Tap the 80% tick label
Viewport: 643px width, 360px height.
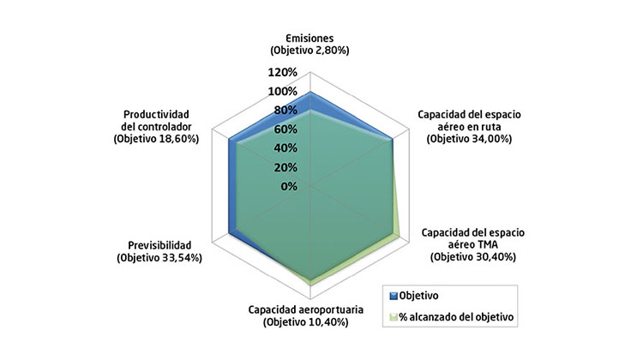[x=286, y=111]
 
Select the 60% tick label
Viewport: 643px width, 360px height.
[x=286, y=129]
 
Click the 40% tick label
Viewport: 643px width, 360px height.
[x=286, y=148]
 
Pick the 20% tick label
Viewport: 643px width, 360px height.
[x=286, y=167]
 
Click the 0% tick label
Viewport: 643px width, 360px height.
[x=289, y=186]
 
